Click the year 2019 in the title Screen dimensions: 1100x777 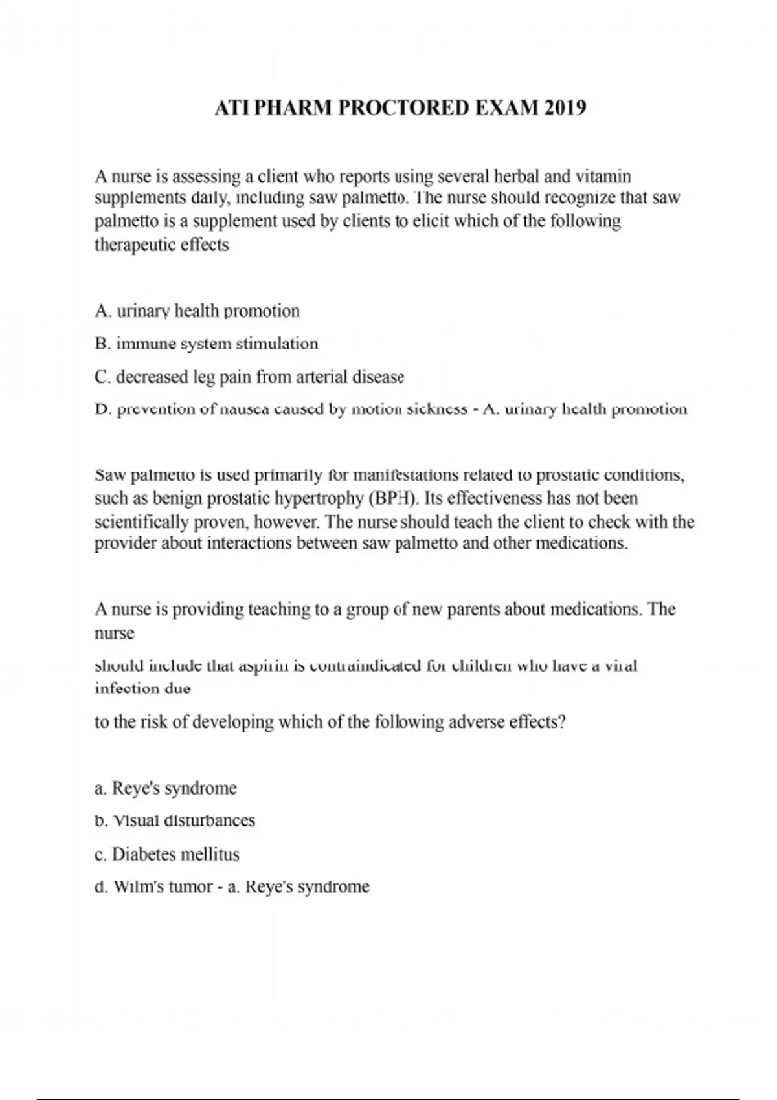[x=565, y=107]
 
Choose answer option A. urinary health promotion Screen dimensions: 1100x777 [x=197, y=311]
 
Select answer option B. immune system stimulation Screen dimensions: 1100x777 [x=206, y=344]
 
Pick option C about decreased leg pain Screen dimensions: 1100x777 [x=249, y=377]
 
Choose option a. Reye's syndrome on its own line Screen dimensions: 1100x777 [x=166, y=788]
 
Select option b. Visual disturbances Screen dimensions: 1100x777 [x=175, y=820]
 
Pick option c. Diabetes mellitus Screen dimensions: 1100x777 [x=167, y=854]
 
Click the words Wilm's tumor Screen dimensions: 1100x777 [x=163, y=886]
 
